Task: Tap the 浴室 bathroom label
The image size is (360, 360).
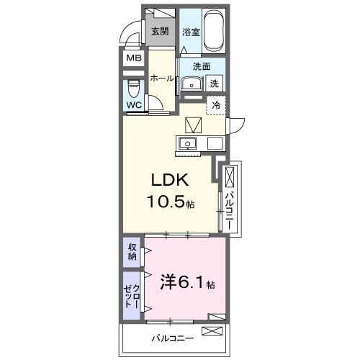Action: [190, 32]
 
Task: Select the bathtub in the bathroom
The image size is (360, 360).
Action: [214, 31]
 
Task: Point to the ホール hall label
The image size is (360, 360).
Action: [161, 78]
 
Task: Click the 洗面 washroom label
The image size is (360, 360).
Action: [202, 66]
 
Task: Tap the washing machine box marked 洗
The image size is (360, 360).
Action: [215, 84]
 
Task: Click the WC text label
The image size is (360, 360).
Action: [134, 105]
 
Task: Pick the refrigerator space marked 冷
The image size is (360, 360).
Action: [216, 105]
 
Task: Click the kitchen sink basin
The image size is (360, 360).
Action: [189, 143]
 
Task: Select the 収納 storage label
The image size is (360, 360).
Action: [132, 252]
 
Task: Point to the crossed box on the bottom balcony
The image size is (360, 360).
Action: [213, 332]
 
